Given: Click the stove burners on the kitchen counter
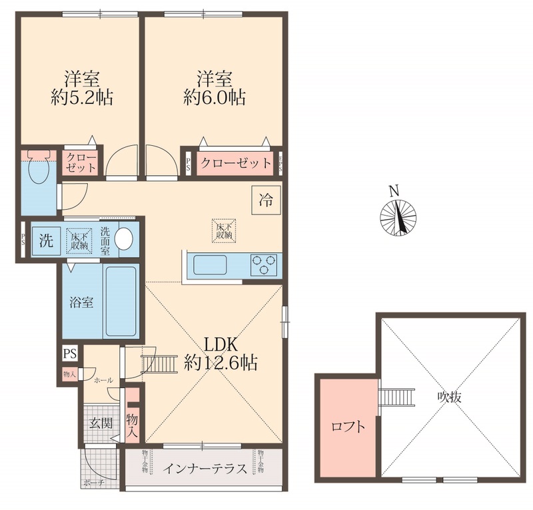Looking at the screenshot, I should (265, 265).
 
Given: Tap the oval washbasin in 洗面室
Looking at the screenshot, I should (124, 238).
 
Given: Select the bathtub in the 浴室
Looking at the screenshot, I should (121, 301).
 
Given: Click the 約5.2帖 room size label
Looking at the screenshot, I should (82, 98).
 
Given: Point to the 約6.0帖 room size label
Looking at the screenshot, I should (215, 98).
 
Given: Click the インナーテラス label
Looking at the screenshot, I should (205, 468).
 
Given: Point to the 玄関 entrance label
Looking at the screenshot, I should (101, 422).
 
